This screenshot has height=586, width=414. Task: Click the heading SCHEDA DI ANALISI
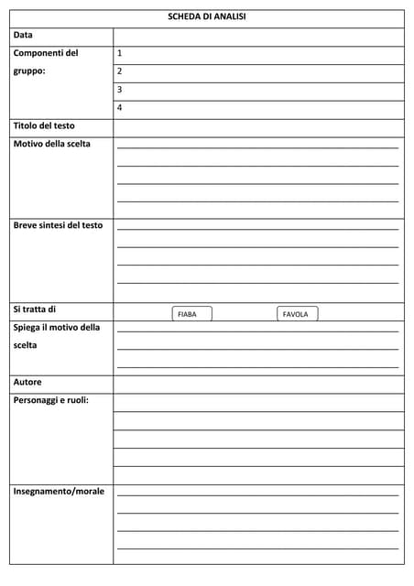pyautogui.click(x=207, y=16)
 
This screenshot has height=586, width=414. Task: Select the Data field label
pyautogui.click(x=23, y=35)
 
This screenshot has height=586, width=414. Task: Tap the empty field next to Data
pyautogui.click(x=258, y=36)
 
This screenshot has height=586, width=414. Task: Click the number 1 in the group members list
pyautogui.click(x=120, y=53)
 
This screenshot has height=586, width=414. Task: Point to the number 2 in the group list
pyautogui.click(x=120, y=71)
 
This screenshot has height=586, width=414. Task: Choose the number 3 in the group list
pyautogui.click(x=120, y=90)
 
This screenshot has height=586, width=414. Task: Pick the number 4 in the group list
pyautogui.click(x=120, y=108)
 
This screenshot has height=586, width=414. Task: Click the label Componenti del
pyautogui.click(x=46, y=53)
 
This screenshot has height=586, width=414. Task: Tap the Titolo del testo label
pyautogui.click(x=44, y=125)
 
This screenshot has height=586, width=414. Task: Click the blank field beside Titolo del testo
pyautogui.click(x=258, y=127)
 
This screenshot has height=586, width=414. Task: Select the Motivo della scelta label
pyautogui.click(x=52, y=144)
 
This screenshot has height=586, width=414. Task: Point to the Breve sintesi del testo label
pyautogui.click(x=58, y=224)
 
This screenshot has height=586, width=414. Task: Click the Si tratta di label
pyautogui.click(x=35, y=309)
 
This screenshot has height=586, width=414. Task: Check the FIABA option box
pyautogui.click(x=191, y=314)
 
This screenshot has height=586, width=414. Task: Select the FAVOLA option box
pyautogui.click(x=297, y=314)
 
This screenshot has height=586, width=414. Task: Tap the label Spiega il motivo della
pyautogui.click(x=57, y=327)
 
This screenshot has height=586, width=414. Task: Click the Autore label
pyautogui.click(x=27, y=382)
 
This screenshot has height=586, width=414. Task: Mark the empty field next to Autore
pyautogui.click(x=258, y=384)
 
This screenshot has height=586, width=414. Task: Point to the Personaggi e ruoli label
pyautogui.click(x=51, y=400)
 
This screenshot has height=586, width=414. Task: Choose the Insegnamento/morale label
pyautogui.click(x=59, y=492)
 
